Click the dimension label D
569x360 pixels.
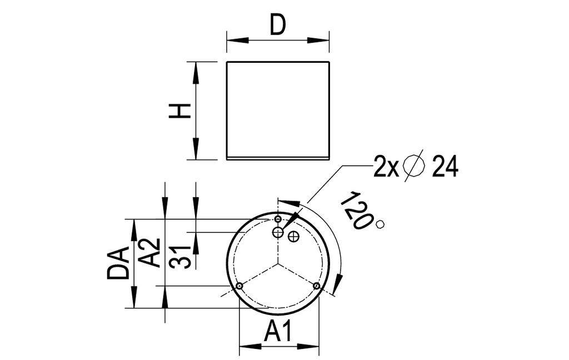(278, 25)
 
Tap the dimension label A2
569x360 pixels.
(149, 253)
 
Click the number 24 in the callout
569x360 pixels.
(445, 167)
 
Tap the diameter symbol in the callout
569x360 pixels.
(415, 166)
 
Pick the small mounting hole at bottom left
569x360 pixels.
(239, 286)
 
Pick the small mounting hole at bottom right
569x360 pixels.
(316, 286)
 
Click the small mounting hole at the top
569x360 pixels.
(278, 220)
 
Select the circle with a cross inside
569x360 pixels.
(294, 237)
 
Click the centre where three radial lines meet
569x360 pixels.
(278, 264)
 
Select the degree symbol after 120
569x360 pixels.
(380, 224)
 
